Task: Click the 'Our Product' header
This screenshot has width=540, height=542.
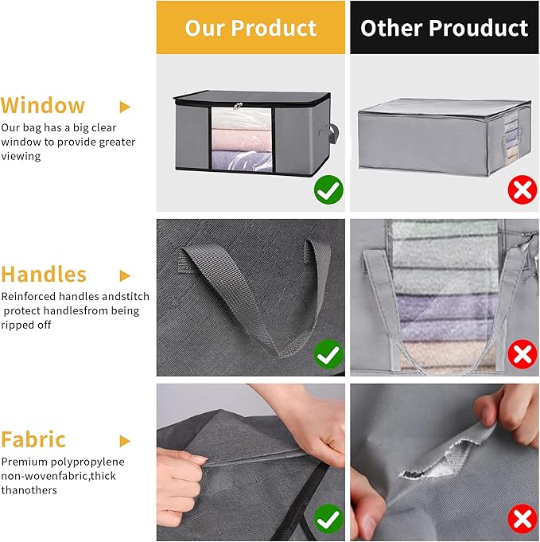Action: click(251, 28)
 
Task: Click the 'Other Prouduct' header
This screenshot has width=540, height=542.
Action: click(444, 28)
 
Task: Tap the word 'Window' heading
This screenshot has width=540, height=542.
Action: click(43, 106)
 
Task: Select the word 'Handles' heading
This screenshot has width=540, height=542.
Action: click(44, 275)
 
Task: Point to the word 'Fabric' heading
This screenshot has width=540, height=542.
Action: click(33, 439)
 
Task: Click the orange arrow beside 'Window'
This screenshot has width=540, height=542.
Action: click(125, 106)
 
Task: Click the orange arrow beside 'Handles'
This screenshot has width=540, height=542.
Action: click(125, 275)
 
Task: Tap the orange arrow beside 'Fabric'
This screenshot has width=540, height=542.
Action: click(125, 440)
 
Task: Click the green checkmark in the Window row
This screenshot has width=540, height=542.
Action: click(328, 190)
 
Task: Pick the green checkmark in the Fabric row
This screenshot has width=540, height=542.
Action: click(328, 520)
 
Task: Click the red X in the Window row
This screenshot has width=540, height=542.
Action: click(522, 190)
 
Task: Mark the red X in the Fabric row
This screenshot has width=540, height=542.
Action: click(522, 520)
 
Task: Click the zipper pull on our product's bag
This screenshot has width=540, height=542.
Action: click(235, 108)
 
